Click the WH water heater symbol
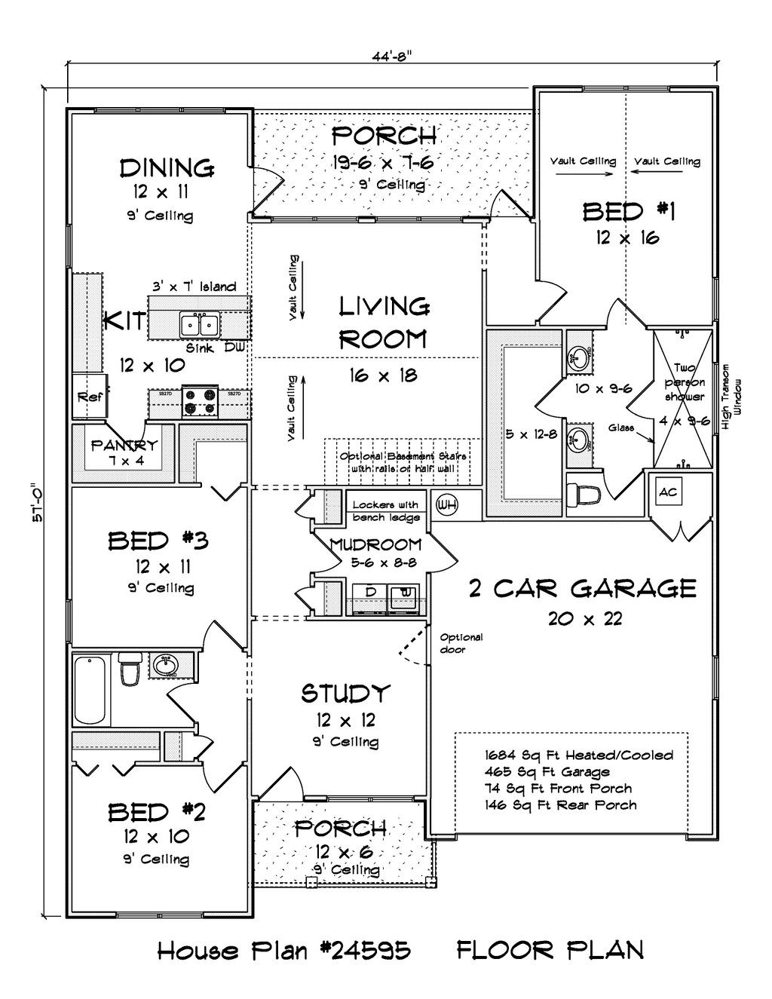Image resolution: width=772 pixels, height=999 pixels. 447,503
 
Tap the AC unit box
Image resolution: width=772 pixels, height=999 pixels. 668,492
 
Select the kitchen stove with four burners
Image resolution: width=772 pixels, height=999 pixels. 200,401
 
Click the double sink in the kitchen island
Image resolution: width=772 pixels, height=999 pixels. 200,325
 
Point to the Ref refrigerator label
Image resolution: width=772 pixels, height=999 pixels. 90,397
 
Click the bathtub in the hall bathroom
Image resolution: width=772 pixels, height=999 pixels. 92,688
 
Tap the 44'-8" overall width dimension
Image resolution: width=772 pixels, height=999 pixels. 392,54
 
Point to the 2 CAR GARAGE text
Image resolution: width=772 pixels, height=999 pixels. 582,588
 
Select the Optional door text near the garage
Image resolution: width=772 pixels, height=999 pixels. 461,642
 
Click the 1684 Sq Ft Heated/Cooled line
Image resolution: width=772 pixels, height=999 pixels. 579,755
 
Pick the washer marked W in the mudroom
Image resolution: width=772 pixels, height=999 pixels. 406,593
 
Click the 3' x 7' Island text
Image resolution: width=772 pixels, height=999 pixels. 195,287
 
